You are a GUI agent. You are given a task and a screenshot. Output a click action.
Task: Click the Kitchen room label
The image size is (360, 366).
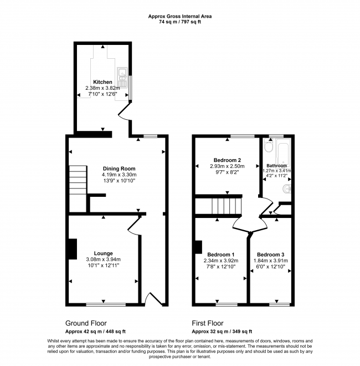coord(102,82)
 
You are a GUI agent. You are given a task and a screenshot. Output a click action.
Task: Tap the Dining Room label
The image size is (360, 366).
coord(119,169)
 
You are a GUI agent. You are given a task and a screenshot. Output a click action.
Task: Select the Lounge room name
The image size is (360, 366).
coord(103,253)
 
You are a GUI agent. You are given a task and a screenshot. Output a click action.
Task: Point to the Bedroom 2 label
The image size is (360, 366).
coord(227,160)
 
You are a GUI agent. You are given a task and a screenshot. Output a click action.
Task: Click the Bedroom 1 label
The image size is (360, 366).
coord(221,255)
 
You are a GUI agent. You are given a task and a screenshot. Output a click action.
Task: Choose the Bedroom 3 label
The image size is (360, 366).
coord(270,255)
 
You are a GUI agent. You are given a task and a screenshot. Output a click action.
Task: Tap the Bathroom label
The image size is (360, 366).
coord(277,166)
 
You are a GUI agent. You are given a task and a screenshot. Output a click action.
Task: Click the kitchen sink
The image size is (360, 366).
coord(122,78)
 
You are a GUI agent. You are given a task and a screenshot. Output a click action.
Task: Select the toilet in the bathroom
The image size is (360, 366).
coord(269,146)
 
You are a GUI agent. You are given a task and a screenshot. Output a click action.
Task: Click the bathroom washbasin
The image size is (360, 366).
coord(287,189)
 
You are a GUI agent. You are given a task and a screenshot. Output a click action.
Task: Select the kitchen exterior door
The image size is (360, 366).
coord(125,112)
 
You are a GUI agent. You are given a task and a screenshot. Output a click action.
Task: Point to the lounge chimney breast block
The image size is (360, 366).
coord(73,249)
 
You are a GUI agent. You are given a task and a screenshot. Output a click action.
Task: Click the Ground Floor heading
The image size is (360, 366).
coord(86,323)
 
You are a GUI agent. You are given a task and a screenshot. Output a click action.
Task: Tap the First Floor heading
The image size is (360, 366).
coord(208,323)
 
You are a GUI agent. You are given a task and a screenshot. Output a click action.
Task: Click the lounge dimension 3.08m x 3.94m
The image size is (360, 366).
coord(103,260)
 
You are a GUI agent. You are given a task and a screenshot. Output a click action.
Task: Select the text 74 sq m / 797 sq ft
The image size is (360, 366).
coord(180,22)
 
